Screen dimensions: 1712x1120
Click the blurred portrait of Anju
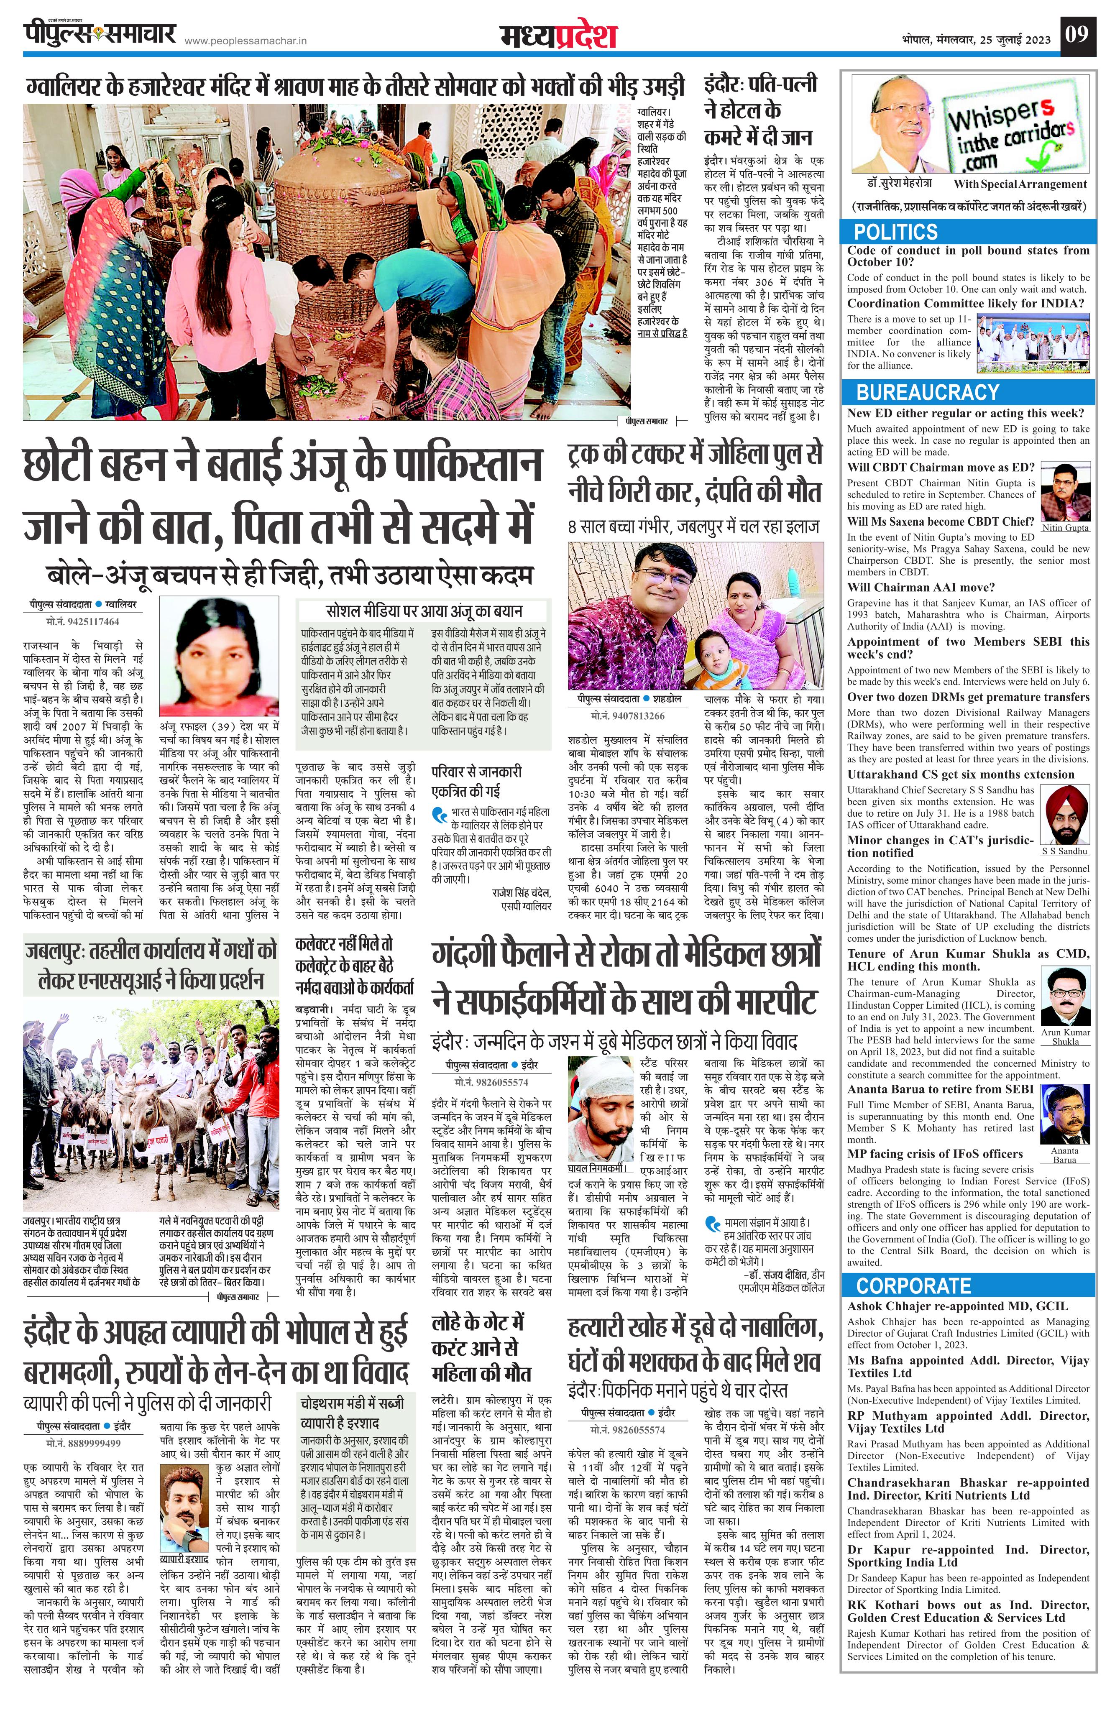pyautogui.click(x=219, y=657)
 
